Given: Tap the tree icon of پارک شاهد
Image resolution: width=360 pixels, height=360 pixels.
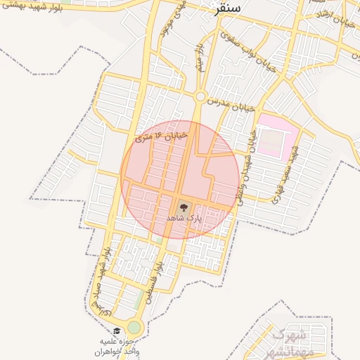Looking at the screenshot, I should click(184, 207).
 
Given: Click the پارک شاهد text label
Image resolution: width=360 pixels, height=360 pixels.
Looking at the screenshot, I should click(184, 219).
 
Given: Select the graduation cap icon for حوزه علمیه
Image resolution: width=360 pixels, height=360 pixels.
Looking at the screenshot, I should click(117, 330).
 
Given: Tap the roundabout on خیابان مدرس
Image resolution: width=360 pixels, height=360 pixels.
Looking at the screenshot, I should click(200, 96).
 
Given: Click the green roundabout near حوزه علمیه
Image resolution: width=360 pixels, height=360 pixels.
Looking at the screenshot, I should click(134, 327).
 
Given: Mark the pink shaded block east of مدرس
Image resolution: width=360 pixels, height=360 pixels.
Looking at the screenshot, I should click(276, 135).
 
